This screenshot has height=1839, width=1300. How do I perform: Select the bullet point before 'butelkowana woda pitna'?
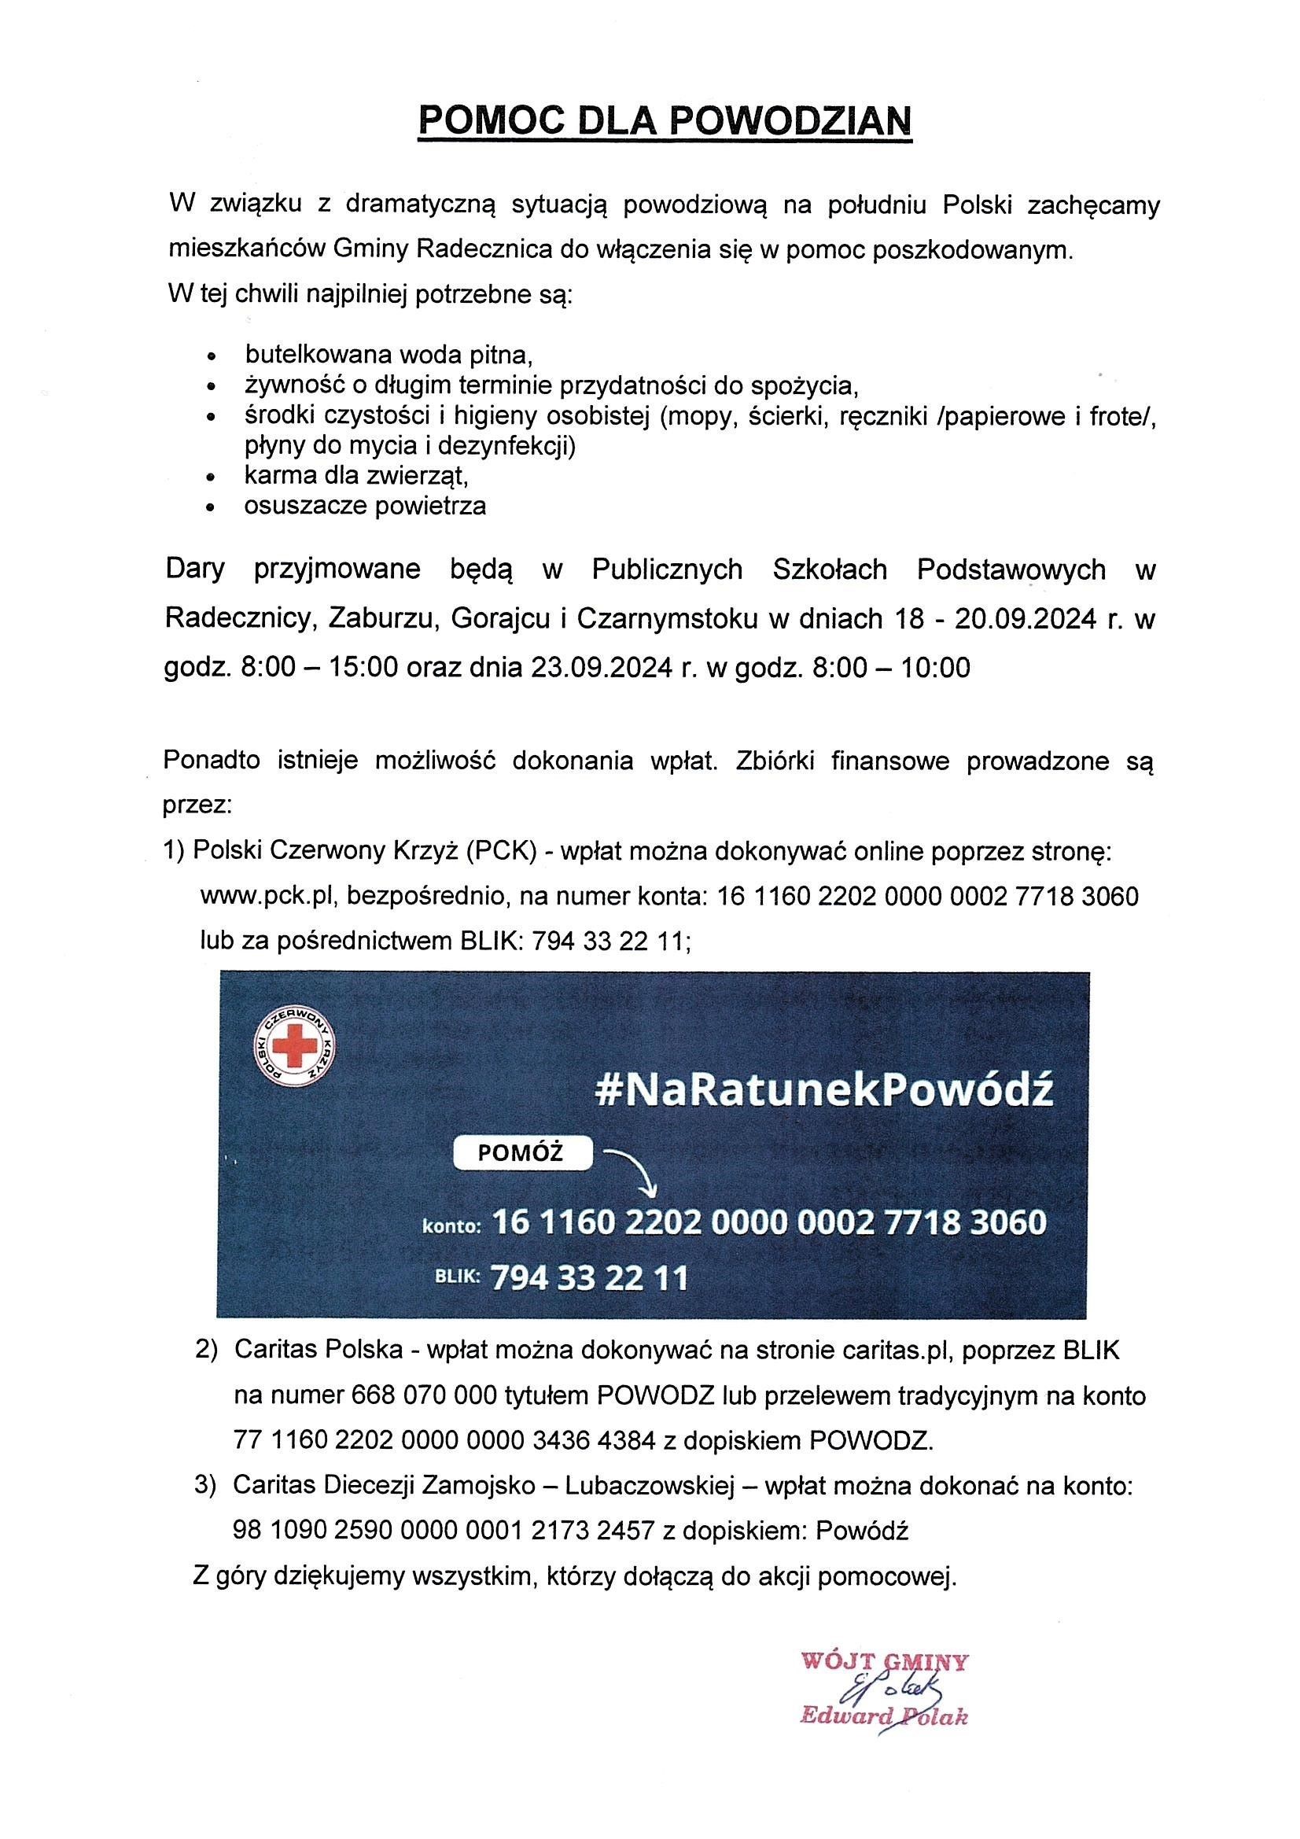[x=212, y=355]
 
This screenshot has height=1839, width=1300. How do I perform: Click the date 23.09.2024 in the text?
[x=600, y=667]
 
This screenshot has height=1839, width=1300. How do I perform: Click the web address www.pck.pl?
[x=262, y=895]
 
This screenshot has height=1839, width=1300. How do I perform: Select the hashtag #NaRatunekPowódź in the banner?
[x=824, y=1090]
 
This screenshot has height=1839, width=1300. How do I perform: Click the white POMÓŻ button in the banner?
[x=522, y=1153]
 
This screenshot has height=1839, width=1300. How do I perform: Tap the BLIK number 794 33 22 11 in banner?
[x=589, y=1277]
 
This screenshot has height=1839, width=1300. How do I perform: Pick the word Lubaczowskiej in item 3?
[x=650, y=1486]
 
